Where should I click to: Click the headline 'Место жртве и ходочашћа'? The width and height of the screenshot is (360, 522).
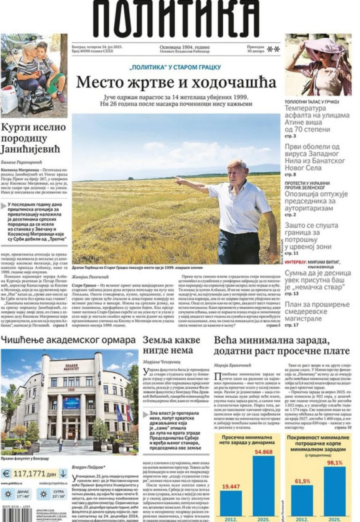(176, 83)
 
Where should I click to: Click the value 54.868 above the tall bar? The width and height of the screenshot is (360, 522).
(263, 452)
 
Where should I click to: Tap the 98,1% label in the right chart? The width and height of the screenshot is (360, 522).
(334, 462)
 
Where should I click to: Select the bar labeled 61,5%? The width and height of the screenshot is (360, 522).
(302, 500)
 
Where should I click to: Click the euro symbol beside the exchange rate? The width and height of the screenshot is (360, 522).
(6, 474)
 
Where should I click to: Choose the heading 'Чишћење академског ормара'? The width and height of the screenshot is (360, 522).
(68, 341)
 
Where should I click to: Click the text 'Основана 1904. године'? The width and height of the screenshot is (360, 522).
(184, 47)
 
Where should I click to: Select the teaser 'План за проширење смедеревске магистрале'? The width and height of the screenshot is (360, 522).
(317, 312)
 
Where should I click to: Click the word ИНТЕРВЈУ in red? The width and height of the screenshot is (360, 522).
(296, 263)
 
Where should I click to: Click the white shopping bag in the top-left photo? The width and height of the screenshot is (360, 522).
(9, 100)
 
